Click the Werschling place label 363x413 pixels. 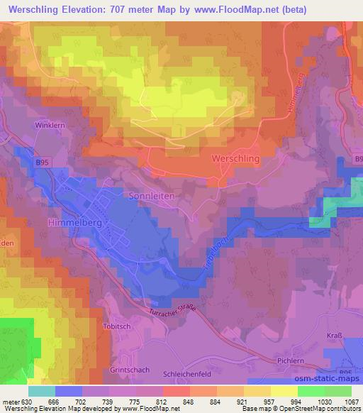[x=235, y=160]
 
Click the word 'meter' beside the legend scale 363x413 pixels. [x=11, y=401]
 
